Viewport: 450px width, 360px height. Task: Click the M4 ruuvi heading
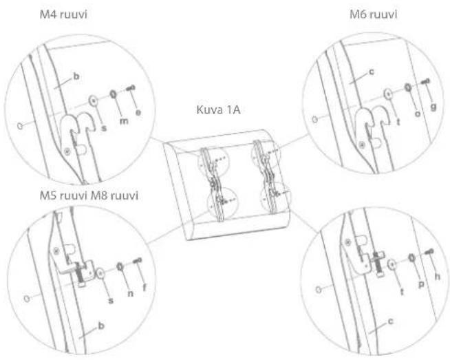pyautogui.click(x=63, y=14)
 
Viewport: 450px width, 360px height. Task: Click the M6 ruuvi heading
pyautogui.click(x=374, y=14)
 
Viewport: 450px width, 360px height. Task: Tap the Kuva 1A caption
pyautogui.click(x=218, y=109)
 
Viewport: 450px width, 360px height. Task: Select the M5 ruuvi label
pyautogui.click(x=63, y=195)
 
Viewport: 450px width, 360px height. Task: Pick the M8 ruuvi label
pyautogui.click(x=114, y=195)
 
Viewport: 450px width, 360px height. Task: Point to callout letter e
pyautogui.click(x=138, y=112)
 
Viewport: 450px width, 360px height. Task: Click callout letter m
pyautogui.click(x=124, y=121)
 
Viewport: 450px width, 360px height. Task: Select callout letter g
pyautogui.click(x=433, y=107)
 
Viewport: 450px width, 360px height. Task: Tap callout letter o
pyautogui.click(x=418, y=114)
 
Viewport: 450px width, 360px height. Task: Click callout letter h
pyautogui.click(x=438, y=276)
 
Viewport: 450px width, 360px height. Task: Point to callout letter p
pyautogui.click(x=421, y=284)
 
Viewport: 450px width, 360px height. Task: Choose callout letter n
pyautogui.click(x=130, y=294)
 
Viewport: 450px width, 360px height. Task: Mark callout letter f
pyautogui.click(x=144, y=287)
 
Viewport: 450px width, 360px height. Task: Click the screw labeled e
pyautogui.click(x=131, y=88)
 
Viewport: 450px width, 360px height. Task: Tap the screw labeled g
pyautogui.click(x=426, y=81)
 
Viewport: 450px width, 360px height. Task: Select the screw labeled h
pyautogui.click(x=429, y=252)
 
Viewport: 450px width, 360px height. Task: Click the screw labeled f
pyautogui.click(x=137, y=261)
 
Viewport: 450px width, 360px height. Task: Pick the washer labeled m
pyautogui.click(x=114, y=94)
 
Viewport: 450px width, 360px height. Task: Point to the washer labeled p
pyautogui.click(x=411, y=258)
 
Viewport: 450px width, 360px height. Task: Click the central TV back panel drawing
pyautogui.click(x=227, y=184)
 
